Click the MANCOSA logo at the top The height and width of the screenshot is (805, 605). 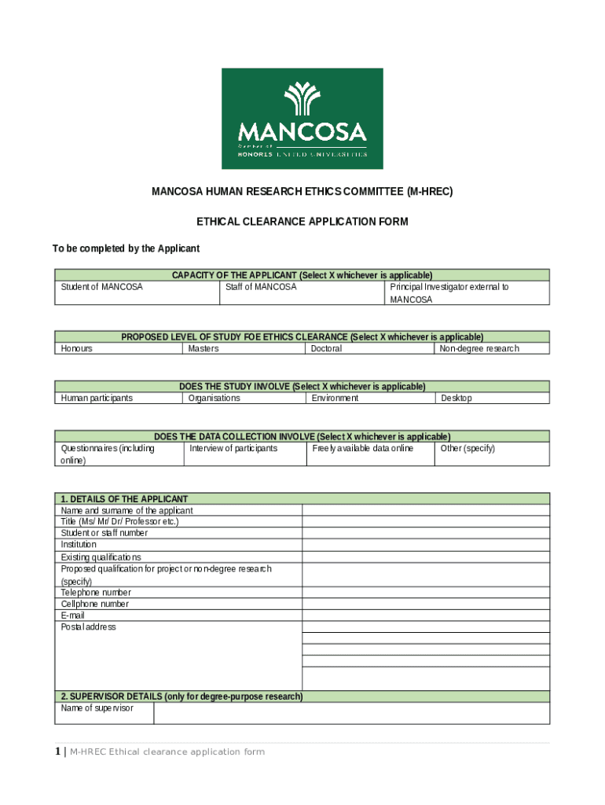tap(302, 119)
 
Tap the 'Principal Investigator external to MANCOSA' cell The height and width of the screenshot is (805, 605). tap(467, 293)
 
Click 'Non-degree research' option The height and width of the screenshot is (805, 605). tap(491, 348)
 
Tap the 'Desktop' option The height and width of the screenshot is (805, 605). tap(491, 398)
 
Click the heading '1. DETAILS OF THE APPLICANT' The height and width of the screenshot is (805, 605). tap(125, 499)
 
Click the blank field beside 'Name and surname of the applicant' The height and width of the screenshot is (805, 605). tap(426, 510)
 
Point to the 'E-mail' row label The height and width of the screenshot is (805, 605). tap(73, 616)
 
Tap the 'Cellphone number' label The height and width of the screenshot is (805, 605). tap(95, 604)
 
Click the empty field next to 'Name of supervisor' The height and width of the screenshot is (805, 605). tap(351, 713)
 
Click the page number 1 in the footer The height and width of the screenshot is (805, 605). tap(57, 752)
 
